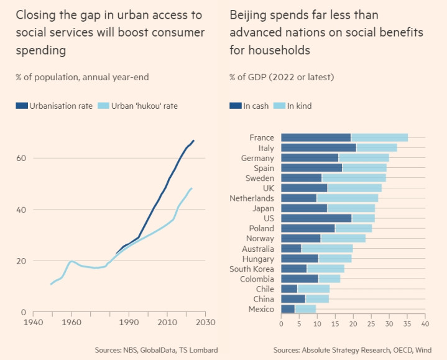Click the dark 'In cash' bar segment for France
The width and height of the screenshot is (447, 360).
(x=316, y=137)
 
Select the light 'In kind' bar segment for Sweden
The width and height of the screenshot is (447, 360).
(x=353, y=178)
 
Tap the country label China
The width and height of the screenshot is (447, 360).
(x=265, y=299)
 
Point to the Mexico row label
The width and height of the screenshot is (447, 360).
(x=261, y=309)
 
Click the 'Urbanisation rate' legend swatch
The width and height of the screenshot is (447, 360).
(x=22, y=106)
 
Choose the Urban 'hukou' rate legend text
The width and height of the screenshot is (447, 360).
(x=144, y=106)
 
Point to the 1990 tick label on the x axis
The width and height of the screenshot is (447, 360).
(x=129, y=323)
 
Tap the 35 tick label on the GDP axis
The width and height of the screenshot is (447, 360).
(x=407, y=324)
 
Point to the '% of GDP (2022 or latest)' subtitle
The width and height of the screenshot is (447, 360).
(x=282, y=77)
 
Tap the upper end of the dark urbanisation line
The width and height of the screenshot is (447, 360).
(x=193, y=141)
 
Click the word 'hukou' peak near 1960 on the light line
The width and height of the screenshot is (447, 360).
(x=72, y=261)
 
